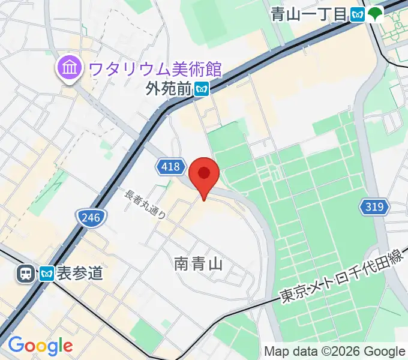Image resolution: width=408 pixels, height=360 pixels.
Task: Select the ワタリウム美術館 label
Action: [x=155, y=69]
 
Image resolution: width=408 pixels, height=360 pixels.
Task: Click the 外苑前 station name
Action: [x=168, y=89]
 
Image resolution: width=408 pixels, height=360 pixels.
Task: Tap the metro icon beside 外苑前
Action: [x=202, y=89]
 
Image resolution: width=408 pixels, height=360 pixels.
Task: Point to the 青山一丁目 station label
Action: [x=309, y=14]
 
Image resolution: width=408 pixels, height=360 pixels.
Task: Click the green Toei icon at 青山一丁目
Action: [x=376, y=14]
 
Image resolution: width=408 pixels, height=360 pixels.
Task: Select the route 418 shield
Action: [x=170, y=166]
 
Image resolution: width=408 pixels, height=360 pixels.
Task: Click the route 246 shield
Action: [x=91, y=216]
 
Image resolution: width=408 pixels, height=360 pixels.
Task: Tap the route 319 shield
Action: [x=374, y=208]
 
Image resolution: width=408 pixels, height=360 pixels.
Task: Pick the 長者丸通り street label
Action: [x=145, y=205]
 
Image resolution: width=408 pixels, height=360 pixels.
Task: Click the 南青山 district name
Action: [x=199, y=263]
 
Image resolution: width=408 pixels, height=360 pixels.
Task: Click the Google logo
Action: [x=40, y=346]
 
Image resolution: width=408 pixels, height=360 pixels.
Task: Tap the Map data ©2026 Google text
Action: [x=335, y=351]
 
